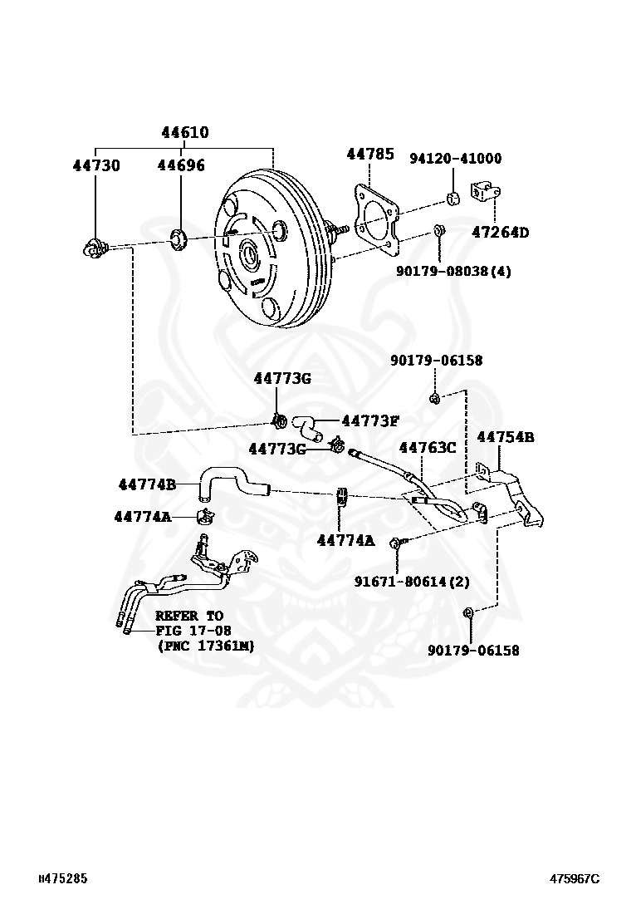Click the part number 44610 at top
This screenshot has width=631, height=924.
[184, 133]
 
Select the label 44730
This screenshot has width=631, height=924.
[95, 165]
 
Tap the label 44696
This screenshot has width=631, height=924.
[181, 165]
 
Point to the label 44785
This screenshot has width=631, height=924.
[369, 154]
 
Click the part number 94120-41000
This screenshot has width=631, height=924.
[455, 159]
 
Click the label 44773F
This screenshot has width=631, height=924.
[370, 420]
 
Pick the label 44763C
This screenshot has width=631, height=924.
[428, 448]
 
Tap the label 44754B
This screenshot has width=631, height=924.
[505, 437]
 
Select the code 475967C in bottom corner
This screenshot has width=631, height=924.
[573, 878]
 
